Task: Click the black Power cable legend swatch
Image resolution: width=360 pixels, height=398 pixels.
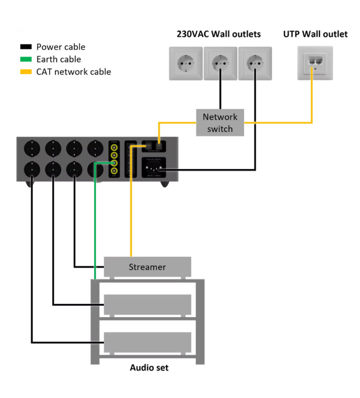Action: tap(26, 47)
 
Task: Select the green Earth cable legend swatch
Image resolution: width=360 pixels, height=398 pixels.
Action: tap(26, 59)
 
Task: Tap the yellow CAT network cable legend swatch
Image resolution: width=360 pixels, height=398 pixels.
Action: tap(26, 72)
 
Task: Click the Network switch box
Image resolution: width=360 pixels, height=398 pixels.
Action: tap(220, 123)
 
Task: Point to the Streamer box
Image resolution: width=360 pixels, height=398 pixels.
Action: tap(147, 267)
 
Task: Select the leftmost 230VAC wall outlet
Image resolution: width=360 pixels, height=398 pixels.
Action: tap(185, 63)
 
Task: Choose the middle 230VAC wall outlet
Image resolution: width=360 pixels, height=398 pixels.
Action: tap(220, 63)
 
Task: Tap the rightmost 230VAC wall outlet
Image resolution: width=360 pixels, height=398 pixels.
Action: tap(255, 63)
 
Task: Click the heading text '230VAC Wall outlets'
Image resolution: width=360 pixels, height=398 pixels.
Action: tap(218, 34)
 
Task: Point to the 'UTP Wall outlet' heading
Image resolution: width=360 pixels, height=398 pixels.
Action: tap(315, 34)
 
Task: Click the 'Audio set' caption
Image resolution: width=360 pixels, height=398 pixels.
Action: tap(149, 367)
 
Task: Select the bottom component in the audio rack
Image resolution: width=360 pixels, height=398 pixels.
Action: tap(147, 342)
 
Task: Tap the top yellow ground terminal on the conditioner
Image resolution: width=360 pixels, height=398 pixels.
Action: tap(114, 148)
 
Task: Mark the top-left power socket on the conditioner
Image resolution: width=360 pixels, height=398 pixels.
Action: tap(32, 148)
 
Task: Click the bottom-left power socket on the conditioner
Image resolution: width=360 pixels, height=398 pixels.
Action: tap(32, 170)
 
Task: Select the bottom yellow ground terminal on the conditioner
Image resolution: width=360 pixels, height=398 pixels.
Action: tap(114, 171)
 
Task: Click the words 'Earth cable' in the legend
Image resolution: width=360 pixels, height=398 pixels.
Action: tap(59, 59)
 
